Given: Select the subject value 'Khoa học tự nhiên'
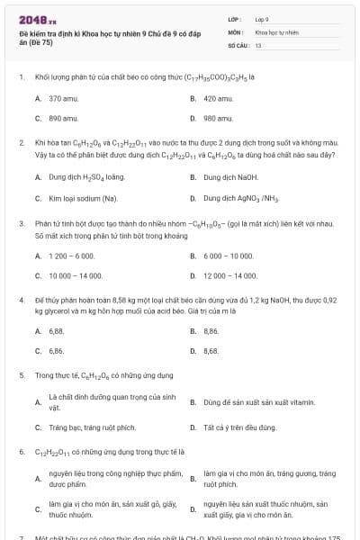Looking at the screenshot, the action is pos(276,31).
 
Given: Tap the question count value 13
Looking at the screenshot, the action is pos(258,44).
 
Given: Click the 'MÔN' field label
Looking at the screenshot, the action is pos(233,31).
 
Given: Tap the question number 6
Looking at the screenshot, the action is pos(21,450).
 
